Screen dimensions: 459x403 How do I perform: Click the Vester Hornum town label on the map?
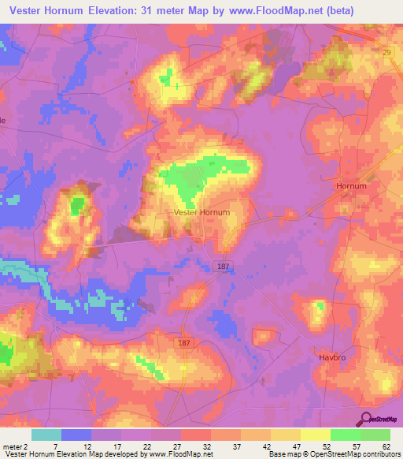coord(202,212)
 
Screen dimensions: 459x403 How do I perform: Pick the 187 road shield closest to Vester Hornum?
coord(222,267)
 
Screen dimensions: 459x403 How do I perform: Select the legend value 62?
coord(385,446)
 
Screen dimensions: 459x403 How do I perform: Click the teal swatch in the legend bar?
coord(46,435)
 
